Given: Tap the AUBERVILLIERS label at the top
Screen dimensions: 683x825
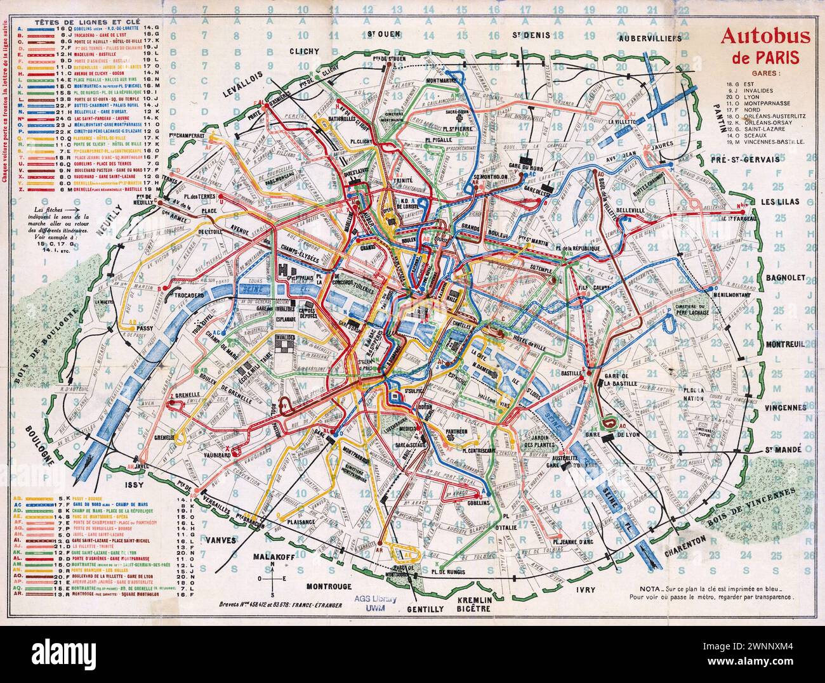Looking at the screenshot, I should click(650, 37).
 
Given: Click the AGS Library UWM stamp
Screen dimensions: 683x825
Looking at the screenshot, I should click(381, 602).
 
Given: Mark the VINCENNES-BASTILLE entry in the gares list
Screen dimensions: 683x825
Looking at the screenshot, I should click(772, 141).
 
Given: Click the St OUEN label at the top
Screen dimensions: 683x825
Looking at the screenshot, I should click(379, 35).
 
